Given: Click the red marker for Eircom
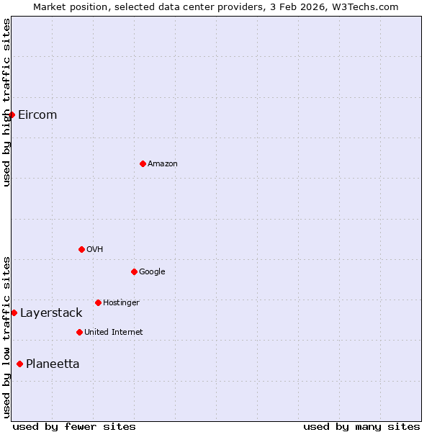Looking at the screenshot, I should pos(12,115).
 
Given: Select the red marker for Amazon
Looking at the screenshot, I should pos(143,163).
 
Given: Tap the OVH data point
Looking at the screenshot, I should pos(81,249).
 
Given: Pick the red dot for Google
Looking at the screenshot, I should pos(134,271).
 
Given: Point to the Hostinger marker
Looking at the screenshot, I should pos(98,302).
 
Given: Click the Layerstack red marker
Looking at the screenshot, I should pos(14,312).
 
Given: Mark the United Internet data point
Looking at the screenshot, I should pos(79,332).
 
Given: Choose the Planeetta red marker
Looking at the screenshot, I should pos(19,364).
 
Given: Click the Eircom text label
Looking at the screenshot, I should pos(37,115).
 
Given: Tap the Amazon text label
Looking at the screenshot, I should pos(163,163).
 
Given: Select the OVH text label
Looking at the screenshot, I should pos(95,249).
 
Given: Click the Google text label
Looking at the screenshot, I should pos(152,271).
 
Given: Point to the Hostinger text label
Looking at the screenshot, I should pos(121,302).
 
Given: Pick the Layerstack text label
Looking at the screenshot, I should pos(51,312).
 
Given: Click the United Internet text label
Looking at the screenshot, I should pos(114,332).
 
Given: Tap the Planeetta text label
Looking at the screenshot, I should pos(53,364).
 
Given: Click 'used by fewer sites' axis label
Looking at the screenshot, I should pos(74,426).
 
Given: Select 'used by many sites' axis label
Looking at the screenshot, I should pos(361,426).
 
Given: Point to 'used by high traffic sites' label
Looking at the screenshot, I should pos(6,102).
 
